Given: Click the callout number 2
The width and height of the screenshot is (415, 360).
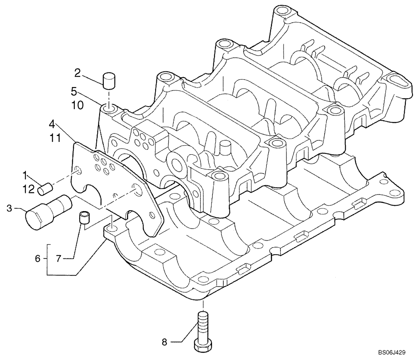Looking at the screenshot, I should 77,73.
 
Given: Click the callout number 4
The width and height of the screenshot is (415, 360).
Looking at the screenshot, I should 51,124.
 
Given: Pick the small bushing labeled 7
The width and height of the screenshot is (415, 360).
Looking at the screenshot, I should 85,218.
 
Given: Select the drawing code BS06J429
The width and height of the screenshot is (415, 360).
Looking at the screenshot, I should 388,353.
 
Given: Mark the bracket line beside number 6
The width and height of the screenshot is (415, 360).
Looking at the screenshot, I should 47,259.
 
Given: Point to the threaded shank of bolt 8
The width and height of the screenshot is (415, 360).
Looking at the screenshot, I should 203,326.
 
